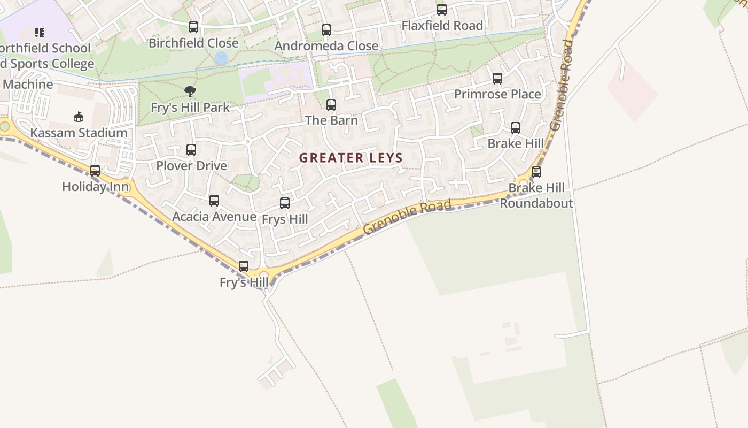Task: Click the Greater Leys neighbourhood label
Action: pos(350,158)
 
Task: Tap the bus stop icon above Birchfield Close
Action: pos(193,27)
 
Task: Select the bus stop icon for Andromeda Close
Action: pos(326,30)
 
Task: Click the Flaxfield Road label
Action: pos(442,26)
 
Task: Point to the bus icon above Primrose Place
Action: pos(497,79)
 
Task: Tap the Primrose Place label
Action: pos(497,95)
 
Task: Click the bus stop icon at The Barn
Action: pos(331,104)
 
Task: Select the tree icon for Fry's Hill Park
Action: pos(190,91)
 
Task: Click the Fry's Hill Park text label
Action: pos(190,108)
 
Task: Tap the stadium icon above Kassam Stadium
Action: pos(79,117)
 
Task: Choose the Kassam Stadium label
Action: pos(79,133)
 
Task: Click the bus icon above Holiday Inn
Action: pos(95,171)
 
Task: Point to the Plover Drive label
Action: pos(191,166)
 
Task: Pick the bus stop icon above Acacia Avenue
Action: pos(214,201)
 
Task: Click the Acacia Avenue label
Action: pos(214,217)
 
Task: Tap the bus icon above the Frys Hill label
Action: pos(285,203)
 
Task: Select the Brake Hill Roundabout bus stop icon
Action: pos(536,172)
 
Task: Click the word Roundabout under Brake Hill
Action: pos(536,203)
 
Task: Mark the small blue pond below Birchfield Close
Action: pos(221,58)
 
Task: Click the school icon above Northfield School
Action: pos(40,33)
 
